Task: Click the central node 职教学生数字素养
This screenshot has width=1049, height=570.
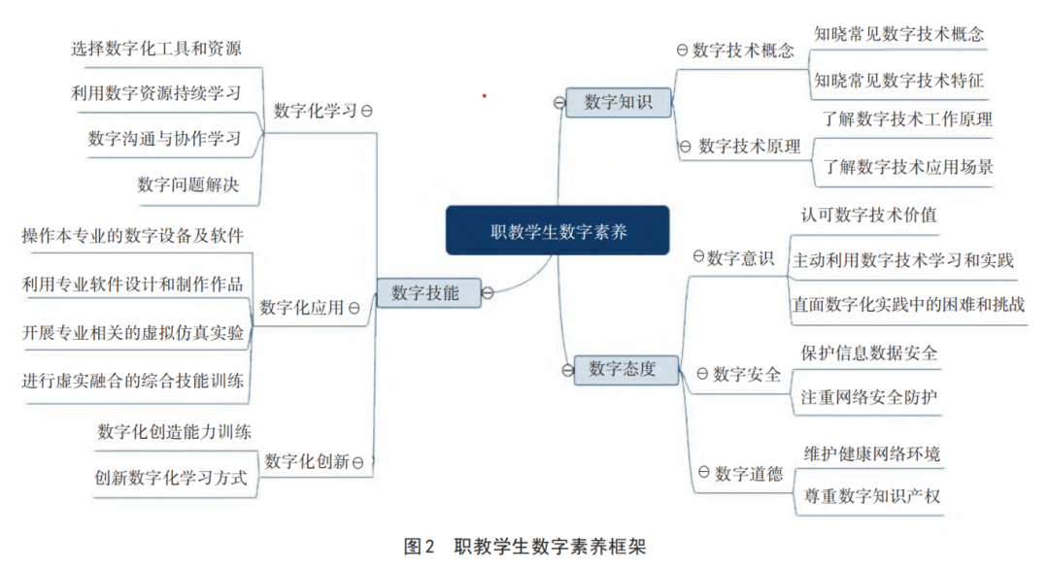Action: pyautogui.click(x=558, y=230)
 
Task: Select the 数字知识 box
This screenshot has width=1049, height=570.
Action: pyautogui.click(x=618, y=102)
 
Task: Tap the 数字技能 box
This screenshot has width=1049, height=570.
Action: pyautogui.click(x=429, y=293)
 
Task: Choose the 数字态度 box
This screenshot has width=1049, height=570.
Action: pyautogui.click(x=626, y=369)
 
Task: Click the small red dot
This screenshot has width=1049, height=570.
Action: pyautogui.click(x=485, y=96)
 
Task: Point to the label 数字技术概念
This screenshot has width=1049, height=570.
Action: pyautogui.click(x=743, y=50)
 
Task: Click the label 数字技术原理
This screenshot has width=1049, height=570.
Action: pyautogui.click(x=749, y=146)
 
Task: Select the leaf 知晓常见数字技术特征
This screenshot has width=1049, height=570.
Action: pyautogui.click(x=898, y=81)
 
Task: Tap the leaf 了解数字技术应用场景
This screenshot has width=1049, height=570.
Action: pyautogui.click(x=908, y=167)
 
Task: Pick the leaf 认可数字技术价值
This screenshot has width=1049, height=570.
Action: pyautogui.click(x=868, y=215)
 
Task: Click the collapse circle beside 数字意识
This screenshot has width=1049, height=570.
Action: pyautogui.click(x=698, y=256)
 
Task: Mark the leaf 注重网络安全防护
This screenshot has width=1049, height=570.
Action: pyautogui.click(x=869, y=397)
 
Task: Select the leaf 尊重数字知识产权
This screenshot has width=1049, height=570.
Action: pyautogui.click(x=871, y=496)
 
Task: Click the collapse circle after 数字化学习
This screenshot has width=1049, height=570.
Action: pyautogui.click(x=366, y=111)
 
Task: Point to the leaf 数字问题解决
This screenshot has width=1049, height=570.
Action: pyautogui.click(x=188, y=184)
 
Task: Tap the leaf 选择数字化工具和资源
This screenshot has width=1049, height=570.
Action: pyautogui.click(x=155, y=49)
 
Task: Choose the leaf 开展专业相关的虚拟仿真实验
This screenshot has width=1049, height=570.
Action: pyautogui.click(x=132, y=332)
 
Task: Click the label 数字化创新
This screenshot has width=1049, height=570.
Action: pyautogui.click(x=307, y=461)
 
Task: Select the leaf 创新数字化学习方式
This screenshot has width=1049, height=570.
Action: pyautogui.click(x=171, y=478)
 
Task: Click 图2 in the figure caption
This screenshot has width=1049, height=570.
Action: pyautogui.click(x=419, y=547)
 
